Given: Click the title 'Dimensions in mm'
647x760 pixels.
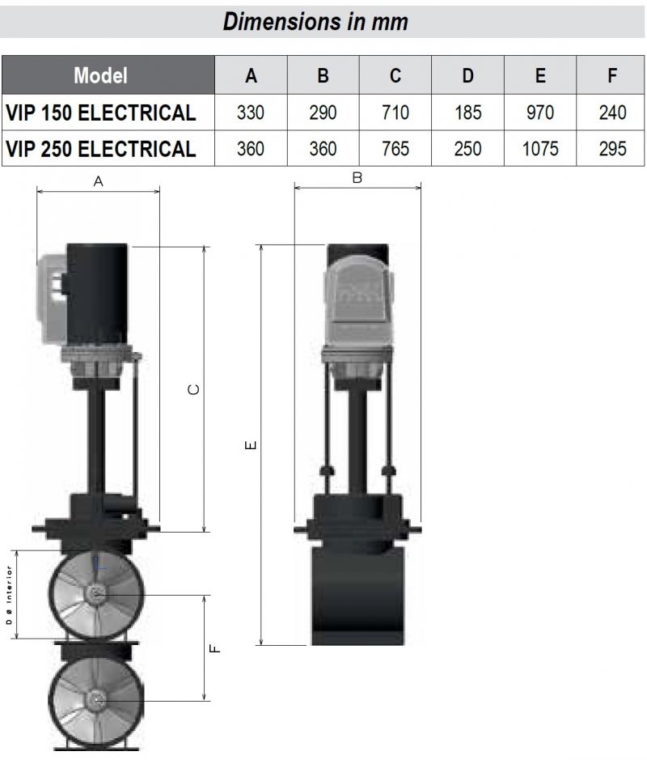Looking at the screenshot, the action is [x=315, y=22].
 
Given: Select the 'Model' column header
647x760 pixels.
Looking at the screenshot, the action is [x=101, y=75].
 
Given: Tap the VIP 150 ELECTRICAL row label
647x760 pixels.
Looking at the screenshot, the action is [x=101, y=113].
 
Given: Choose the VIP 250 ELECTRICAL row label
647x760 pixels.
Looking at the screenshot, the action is [x=101, y=148].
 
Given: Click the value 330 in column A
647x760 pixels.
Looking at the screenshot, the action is [x=251, y=113].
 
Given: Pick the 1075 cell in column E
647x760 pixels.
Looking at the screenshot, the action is [x=540, y=148].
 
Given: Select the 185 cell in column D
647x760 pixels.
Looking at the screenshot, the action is [x=467, y=113].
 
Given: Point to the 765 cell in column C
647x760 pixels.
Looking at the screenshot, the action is [x=395, y=148].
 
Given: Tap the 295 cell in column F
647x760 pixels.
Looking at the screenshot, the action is [x=612, y=148].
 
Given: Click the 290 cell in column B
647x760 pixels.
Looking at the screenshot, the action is [x=323, y=113].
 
